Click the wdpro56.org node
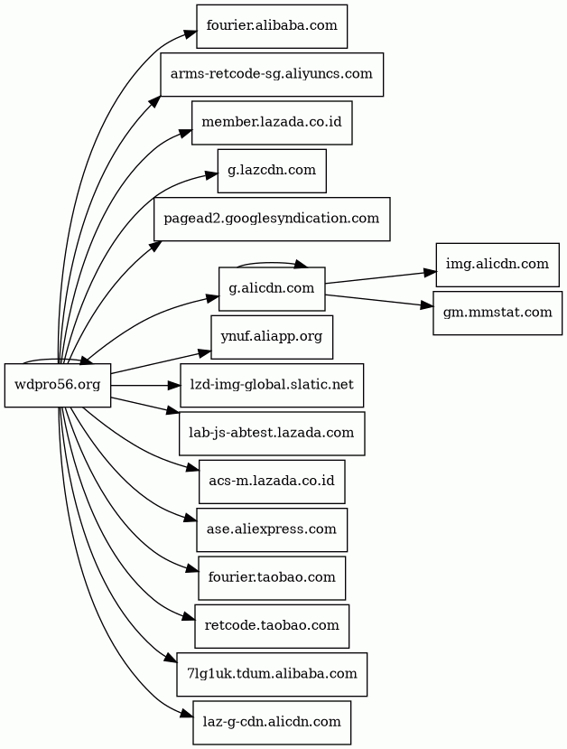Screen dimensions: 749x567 tap(58, 385)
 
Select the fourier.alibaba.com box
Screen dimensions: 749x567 tap(272, 25)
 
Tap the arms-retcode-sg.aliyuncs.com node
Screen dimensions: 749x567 tap(272, 73)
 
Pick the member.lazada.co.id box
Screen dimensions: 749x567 tap(272, 121)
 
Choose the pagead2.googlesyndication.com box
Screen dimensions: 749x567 tap(272, 218)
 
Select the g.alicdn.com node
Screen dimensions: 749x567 tap(272, 288)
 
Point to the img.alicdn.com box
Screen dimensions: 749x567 tap(497, 264)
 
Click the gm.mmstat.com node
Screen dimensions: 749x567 tap(497, 313)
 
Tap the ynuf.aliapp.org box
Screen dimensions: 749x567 tap(272, 336)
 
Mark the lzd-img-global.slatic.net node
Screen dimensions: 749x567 tap(272, 385)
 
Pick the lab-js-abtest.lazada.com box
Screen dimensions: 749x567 tap(272, 433)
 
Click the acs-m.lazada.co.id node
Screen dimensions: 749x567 tap(272, 481)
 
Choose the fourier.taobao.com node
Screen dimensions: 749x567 tap(272, 576)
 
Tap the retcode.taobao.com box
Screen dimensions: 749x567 tap(272, 625)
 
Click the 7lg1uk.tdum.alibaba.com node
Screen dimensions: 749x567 tap(272, 673)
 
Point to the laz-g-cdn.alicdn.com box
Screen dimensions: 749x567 tap(272, 722)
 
